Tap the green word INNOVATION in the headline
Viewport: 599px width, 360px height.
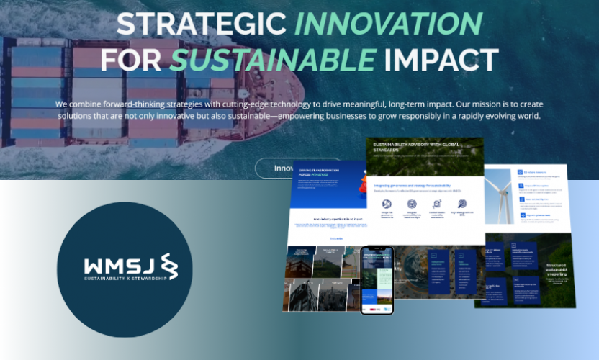[x=387, y=23]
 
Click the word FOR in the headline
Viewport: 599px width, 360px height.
[x=127, y=60]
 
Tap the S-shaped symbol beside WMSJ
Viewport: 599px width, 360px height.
[x=168, y=264]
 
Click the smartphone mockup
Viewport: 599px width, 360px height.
[x=377, y=280]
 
